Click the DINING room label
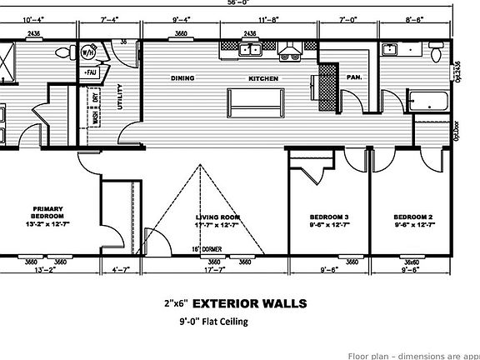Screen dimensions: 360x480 [183, 78]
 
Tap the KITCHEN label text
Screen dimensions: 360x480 [263, 78]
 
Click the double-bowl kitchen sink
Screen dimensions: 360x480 [249, 50]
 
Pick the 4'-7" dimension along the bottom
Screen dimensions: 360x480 [120, 269]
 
